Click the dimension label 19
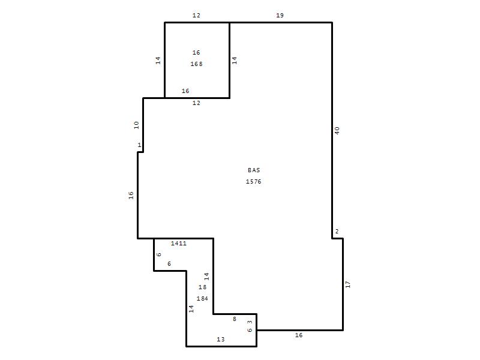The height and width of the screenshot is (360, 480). coord(280,16)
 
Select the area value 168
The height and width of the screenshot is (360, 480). coord(197,64)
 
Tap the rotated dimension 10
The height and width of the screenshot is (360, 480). coord(137,125)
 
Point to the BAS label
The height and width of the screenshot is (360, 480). coord(254,170)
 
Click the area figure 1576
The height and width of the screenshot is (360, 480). coord(253,182)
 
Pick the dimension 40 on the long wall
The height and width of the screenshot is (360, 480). coord(337,131)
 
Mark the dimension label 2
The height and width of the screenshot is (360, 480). coord(337,232)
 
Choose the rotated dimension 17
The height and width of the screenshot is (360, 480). coord(348,284)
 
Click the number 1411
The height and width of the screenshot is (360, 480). coord(179,244)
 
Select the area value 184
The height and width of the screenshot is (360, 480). coord(202,298)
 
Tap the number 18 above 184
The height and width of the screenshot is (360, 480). coord(202,287)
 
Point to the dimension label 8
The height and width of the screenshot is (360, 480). coord(235,319)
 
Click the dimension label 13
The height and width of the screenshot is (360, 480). coord(221,339)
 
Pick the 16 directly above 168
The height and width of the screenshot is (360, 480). coord(196,53)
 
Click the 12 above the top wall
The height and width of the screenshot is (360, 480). coord(196,16)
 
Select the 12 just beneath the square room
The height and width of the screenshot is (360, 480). coord(196,103)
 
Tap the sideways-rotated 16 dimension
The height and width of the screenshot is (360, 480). coord(131,196)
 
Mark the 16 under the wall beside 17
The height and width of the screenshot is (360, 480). coord(299,335)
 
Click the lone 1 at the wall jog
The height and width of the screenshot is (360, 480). coord(139,145)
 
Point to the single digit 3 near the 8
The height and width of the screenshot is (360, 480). coord(250,322)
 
